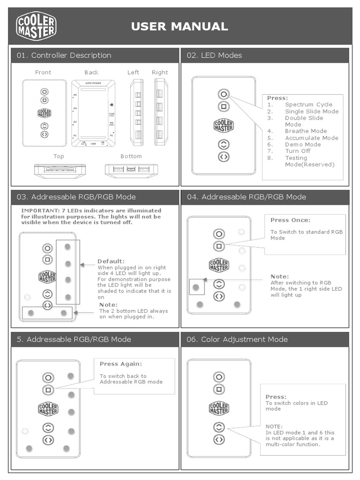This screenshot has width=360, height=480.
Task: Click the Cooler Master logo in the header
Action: (x=36, y=26)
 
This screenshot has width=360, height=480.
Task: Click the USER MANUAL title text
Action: (x=180, y=27)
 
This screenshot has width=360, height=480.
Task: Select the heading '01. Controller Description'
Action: (x=64, y=55)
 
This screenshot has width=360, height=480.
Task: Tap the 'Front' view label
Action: (x=43, y=72)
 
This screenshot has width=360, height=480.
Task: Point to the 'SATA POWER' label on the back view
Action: (x=93, y=83)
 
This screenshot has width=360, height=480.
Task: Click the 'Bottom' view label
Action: (x=131, y=156)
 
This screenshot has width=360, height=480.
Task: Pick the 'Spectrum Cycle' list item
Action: (x=308, y=105)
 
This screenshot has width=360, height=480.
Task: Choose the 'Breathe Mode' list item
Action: (x=306, y=131)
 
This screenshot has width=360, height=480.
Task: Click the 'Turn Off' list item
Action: (x=298, y=151)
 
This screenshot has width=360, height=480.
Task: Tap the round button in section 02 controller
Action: (x=224, y=94)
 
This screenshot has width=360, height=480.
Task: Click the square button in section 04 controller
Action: (x=219, y=246)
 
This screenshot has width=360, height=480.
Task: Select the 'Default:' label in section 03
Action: (x=111, y=261)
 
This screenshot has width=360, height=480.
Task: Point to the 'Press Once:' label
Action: (x=290, y=220)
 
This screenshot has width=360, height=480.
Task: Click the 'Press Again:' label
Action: (x=120, y=364)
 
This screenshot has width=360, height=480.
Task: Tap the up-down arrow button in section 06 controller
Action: (x=219, y=427)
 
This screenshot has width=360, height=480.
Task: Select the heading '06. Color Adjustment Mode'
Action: (x=237, y=339)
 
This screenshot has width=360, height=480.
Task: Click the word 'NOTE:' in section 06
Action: (x=274, y=427)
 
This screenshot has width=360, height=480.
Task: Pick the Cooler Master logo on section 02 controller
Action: (x=224, y=126)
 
